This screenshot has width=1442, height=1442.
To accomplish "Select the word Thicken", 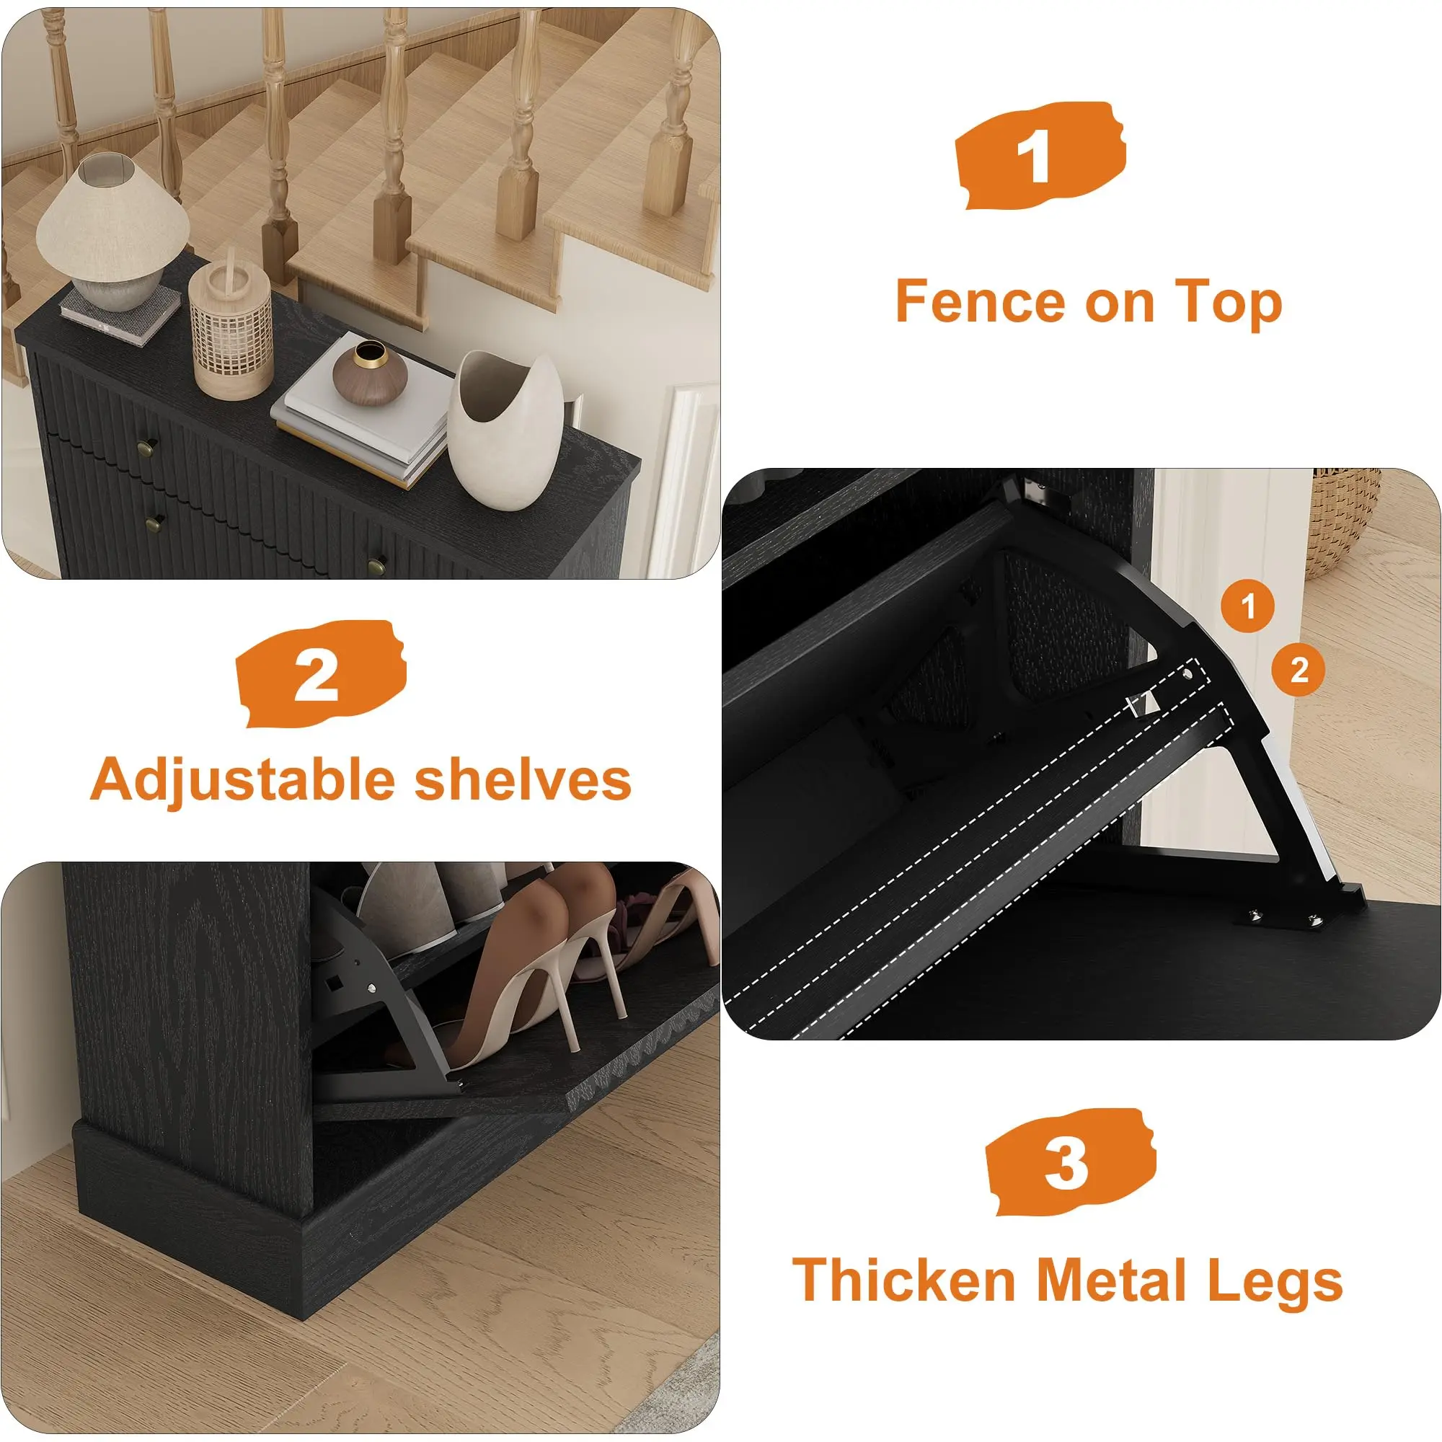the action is [904, 1280].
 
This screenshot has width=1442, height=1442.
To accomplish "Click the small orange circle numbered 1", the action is [1249, 606].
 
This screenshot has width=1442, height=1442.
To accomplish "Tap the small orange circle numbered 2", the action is [1299, 670].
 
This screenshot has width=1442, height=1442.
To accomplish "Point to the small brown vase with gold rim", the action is [369, 375].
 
